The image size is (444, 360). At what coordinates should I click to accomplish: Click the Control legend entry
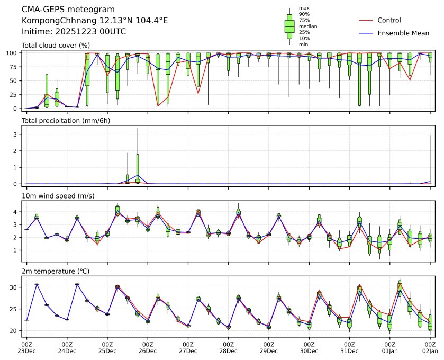point(389,21)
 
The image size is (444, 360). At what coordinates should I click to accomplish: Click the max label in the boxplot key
point(304,8)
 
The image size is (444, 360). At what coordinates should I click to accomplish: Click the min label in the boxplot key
point(303,44)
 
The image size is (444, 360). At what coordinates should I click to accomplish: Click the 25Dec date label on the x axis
point(107,351)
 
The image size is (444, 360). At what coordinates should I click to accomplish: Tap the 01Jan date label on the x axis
point(389,351)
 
